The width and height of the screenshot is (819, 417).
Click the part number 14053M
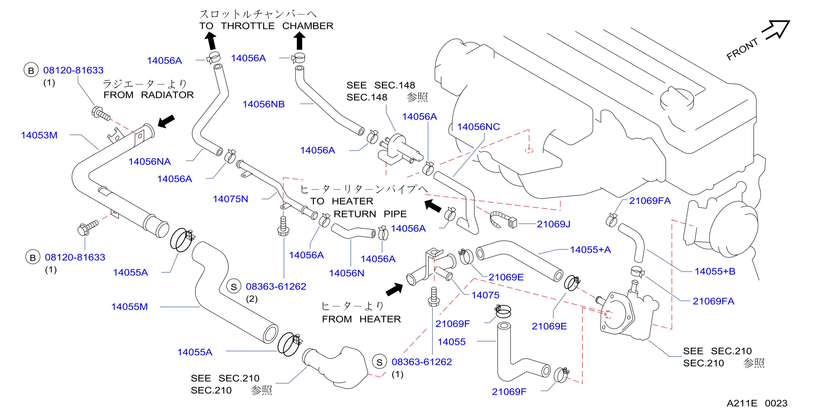pyautogui.click(x=39, y=135)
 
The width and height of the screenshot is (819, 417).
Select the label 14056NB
pyautogui.click(x=263, y=104)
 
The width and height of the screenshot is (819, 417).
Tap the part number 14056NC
pyautogui.click(x=479, y=127)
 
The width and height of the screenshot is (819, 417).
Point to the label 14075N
pyautogui.click(x=231, y=199)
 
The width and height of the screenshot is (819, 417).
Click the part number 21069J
pyautogui.click(x=554, y=224)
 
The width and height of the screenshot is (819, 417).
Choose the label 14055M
pyautogui.click(x=130, y=307)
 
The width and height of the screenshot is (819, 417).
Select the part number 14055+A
pyautogui.click(x=590, y=250)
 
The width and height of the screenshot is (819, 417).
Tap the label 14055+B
pyautogui.click(x=715, y=271)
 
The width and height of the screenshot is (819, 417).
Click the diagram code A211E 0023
pyautogui.click(x=757, y=403)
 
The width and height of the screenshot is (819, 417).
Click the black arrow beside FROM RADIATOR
pyautogui.click(x=166, y=121)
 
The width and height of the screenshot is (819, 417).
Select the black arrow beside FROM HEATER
pyautogui.click(x=394, y=289)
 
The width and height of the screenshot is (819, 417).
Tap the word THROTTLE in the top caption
pyautogui.click(x=248, y=26)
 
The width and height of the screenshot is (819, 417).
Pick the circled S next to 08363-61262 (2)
pyautogui.click(x=234, y=287)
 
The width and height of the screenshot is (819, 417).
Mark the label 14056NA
pyautogui.click(x=149, y=162)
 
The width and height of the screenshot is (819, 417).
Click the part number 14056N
pyautogui.click(x=347, y=273)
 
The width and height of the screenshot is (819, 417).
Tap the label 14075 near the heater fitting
pyautogui.click(x=485, y=295)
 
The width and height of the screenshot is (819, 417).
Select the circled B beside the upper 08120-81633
pyautogui.click(x=31, y=70)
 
